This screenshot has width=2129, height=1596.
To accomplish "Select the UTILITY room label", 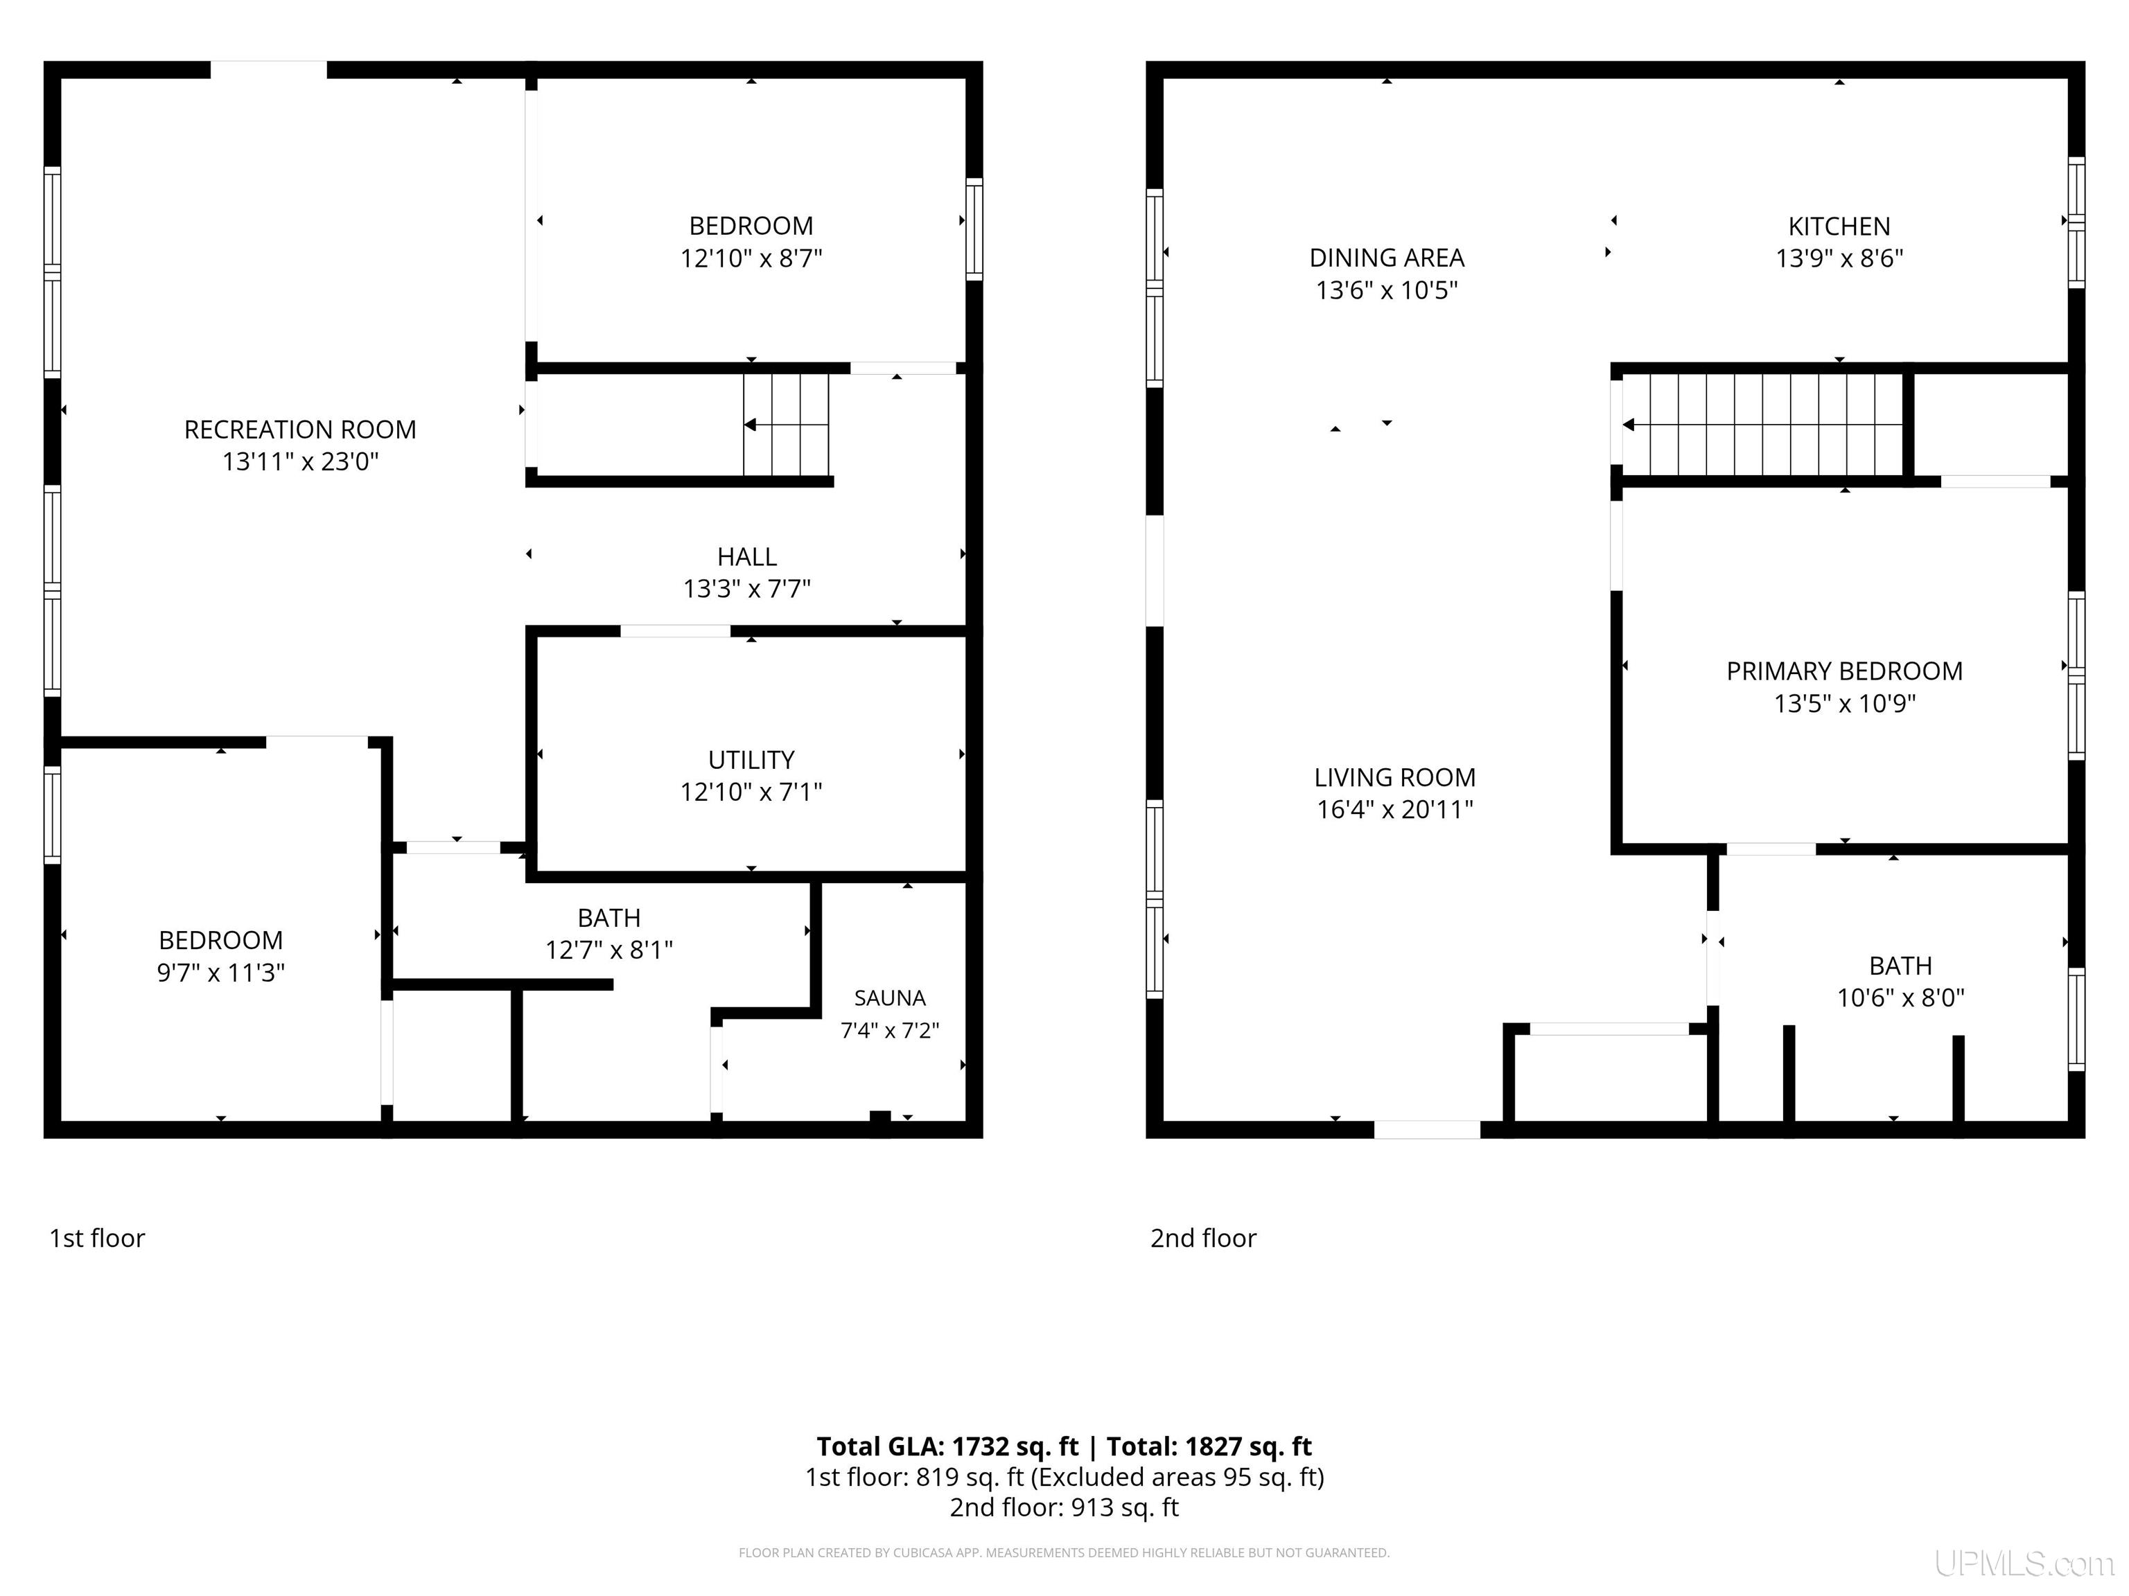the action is (751, 760).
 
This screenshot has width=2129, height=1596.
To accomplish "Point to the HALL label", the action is (747, 557).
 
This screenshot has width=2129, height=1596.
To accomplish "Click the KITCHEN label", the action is (1839, 227).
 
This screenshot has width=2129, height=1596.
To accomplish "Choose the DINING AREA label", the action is (1387, 258).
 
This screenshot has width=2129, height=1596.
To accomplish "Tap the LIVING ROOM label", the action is (1394, 777).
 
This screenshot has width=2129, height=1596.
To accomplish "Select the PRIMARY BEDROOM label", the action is (1844, 671).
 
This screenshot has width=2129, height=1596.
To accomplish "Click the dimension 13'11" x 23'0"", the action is (300, 462).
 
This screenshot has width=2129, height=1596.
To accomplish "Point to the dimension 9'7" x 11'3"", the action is (221, 973).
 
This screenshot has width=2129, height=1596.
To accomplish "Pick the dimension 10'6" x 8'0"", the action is (1901, 997).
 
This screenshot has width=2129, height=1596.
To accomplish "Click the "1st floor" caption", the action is (97, 1238).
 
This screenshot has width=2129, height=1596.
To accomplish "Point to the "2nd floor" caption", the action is (1203, 1238).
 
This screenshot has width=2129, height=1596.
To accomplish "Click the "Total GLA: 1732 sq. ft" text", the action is (948, 1447).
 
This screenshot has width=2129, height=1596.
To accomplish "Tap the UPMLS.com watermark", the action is (2024, 1563).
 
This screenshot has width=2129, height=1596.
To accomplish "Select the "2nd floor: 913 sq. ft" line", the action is (1064, 1507).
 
